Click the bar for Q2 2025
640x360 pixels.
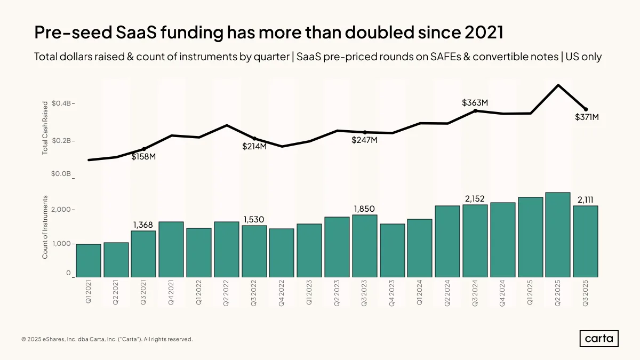point(558,235)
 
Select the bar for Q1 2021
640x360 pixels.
point(89,261)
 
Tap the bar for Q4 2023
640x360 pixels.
point(393,251)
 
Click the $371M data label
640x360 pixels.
point(587,117)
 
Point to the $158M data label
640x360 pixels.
point(143,157)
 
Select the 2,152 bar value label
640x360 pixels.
point(475,198)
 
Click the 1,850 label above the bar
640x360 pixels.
point(364,209)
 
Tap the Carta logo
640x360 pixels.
point(599,339)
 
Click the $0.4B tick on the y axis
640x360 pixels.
point(61,103)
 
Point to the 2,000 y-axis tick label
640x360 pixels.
point(61,210)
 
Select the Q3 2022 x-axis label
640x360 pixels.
point(254,293)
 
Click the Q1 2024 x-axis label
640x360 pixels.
point(419,293)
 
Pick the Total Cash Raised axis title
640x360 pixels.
point(45,128)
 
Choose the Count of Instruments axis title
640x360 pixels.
point(45,227)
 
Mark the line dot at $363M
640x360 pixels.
point(475,111)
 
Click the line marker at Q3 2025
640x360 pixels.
point(586,109)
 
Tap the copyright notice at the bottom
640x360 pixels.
point(107,339)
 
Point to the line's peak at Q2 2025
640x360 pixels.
point(558,85)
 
